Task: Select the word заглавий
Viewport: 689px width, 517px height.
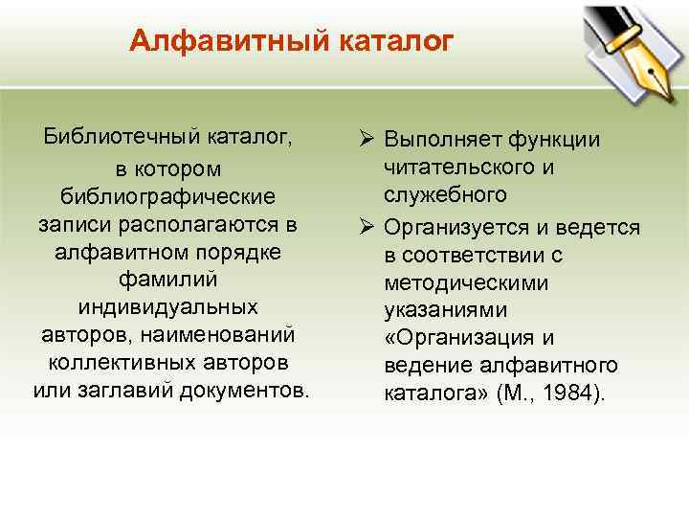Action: coord(118,393)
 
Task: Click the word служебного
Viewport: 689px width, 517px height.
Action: coord(445,195)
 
